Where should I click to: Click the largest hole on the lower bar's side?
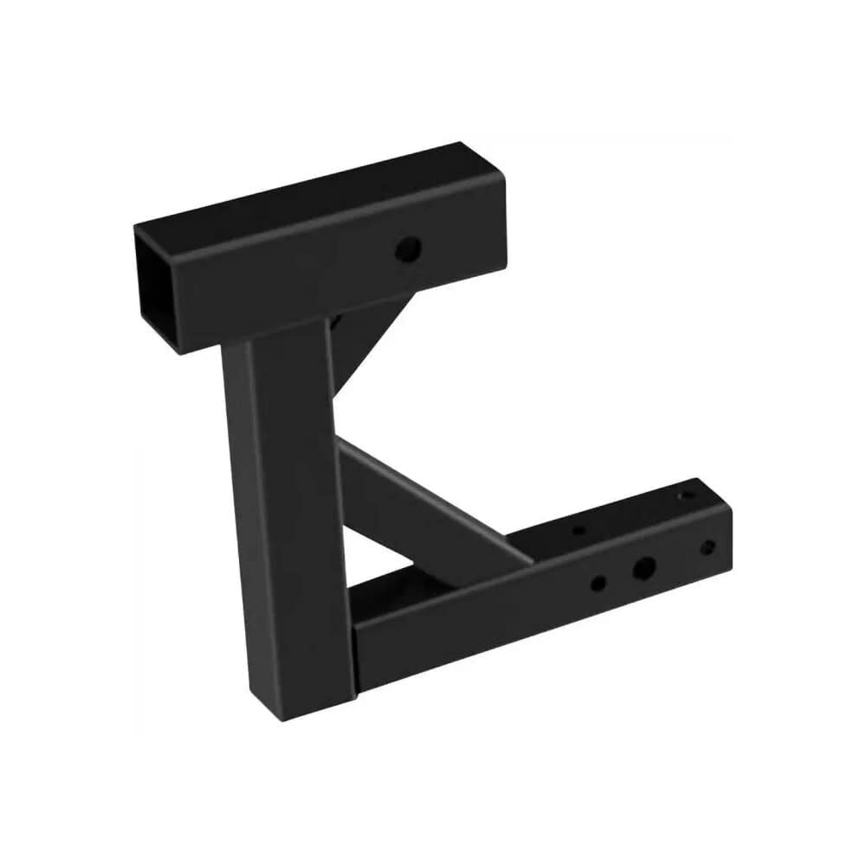tap(643, 569)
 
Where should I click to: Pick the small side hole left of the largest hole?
tap(598, 583)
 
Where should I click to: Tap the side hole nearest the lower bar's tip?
tap(708, 547)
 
